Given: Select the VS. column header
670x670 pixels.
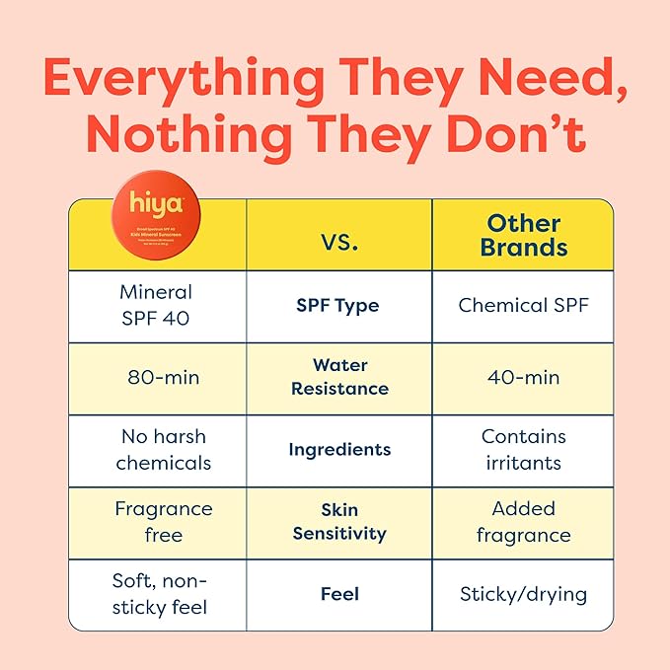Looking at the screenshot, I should (x=339, y=242).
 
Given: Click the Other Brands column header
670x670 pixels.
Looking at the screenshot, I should (x=523, y=235).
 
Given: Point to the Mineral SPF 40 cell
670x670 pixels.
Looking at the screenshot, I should (x=156, y=306).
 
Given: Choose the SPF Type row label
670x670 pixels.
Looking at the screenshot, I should (x=337, y=306).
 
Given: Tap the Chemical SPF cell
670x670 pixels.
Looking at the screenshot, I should (x=523, y=305).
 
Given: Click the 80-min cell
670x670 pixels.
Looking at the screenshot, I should (x=156, y=377).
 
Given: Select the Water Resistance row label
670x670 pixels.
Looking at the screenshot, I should (x=337, y=377).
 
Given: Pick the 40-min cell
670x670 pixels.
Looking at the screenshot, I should (x=523, y=377).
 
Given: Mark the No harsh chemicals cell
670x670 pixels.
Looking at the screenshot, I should (x=163, y=449).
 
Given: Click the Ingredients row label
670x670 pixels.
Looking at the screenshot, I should (x=338, y=449).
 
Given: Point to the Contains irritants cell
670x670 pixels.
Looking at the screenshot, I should (x=523, y=449).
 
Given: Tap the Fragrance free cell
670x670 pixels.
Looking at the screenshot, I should (x=163, y=522).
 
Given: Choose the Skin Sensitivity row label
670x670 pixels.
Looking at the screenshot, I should (x=338, y=522).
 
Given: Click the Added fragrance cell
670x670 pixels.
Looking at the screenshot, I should (x=523, y=522).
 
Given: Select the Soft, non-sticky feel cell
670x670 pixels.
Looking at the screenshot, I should (x=159, y=594).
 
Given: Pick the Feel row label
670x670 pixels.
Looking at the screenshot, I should (x=338, y=594).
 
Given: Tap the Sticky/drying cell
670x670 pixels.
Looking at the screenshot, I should (x=523, y=595).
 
